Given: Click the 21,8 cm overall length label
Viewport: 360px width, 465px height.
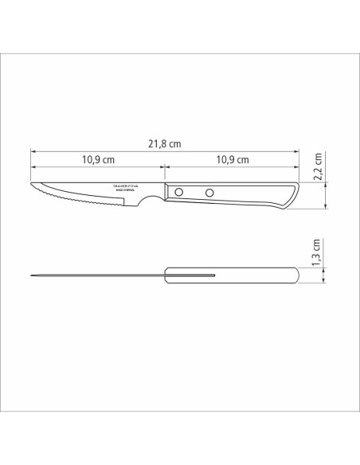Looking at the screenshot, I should pos(165,144).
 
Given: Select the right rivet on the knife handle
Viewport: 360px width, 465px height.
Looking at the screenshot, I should pos(210,192).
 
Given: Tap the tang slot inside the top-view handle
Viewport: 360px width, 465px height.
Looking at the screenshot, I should pos(191,275).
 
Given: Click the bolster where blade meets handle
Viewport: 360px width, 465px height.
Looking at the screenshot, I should pos(161,194).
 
